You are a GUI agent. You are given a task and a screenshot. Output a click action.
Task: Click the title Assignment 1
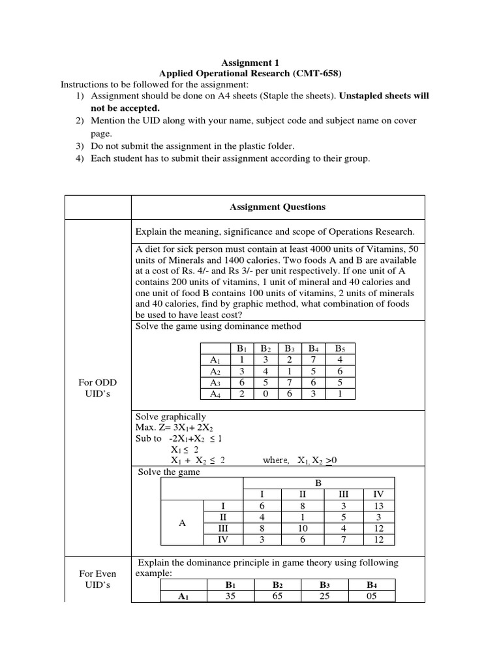point(250,63)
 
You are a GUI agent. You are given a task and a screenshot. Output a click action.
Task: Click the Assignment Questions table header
point(277,207)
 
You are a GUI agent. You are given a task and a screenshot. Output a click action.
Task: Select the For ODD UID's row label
point(97,387)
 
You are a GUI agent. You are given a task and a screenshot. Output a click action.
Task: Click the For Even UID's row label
point(97,579)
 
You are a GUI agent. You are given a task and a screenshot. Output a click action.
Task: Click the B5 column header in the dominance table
point(339,348)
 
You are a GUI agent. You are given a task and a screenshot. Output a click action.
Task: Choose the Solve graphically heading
point(170,417)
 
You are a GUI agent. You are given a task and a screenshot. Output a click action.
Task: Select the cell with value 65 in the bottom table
point(277,596)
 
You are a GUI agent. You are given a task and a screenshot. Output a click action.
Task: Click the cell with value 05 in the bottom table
point(372,596)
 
